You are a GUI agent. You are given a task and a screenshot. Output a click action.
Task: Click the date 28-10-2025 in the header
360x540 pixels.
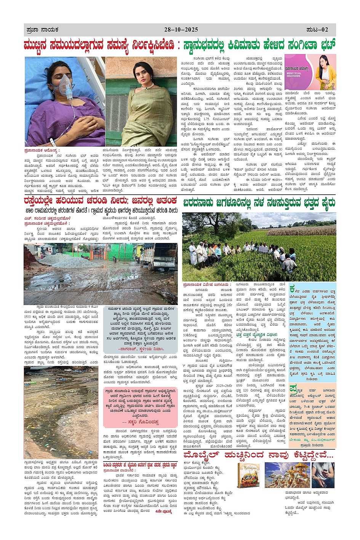pos(181,30)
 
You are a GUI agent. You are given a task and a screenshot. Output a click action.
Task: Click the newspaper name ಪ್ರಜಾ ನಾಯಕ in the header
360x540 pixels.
pos(42,30)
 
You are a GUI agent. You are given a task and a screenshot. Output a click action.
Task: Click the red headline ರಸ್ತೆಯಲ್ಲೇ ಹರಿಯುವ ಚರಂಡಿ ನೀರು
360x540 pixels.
pos(100,200)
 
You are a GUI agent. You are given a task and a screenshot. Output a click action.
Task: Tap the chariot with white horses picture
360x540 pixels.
pos(287,476)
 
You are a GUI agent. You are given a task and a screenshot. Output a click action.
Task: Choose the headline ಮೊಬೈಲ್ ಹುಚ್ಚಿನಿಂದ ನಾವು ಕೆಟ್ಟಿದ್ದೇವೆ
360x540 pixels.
pos(259,455)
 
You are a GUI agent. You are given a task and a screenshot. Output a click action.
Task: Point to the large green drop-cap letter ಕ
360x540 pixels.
pos(292,289)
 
